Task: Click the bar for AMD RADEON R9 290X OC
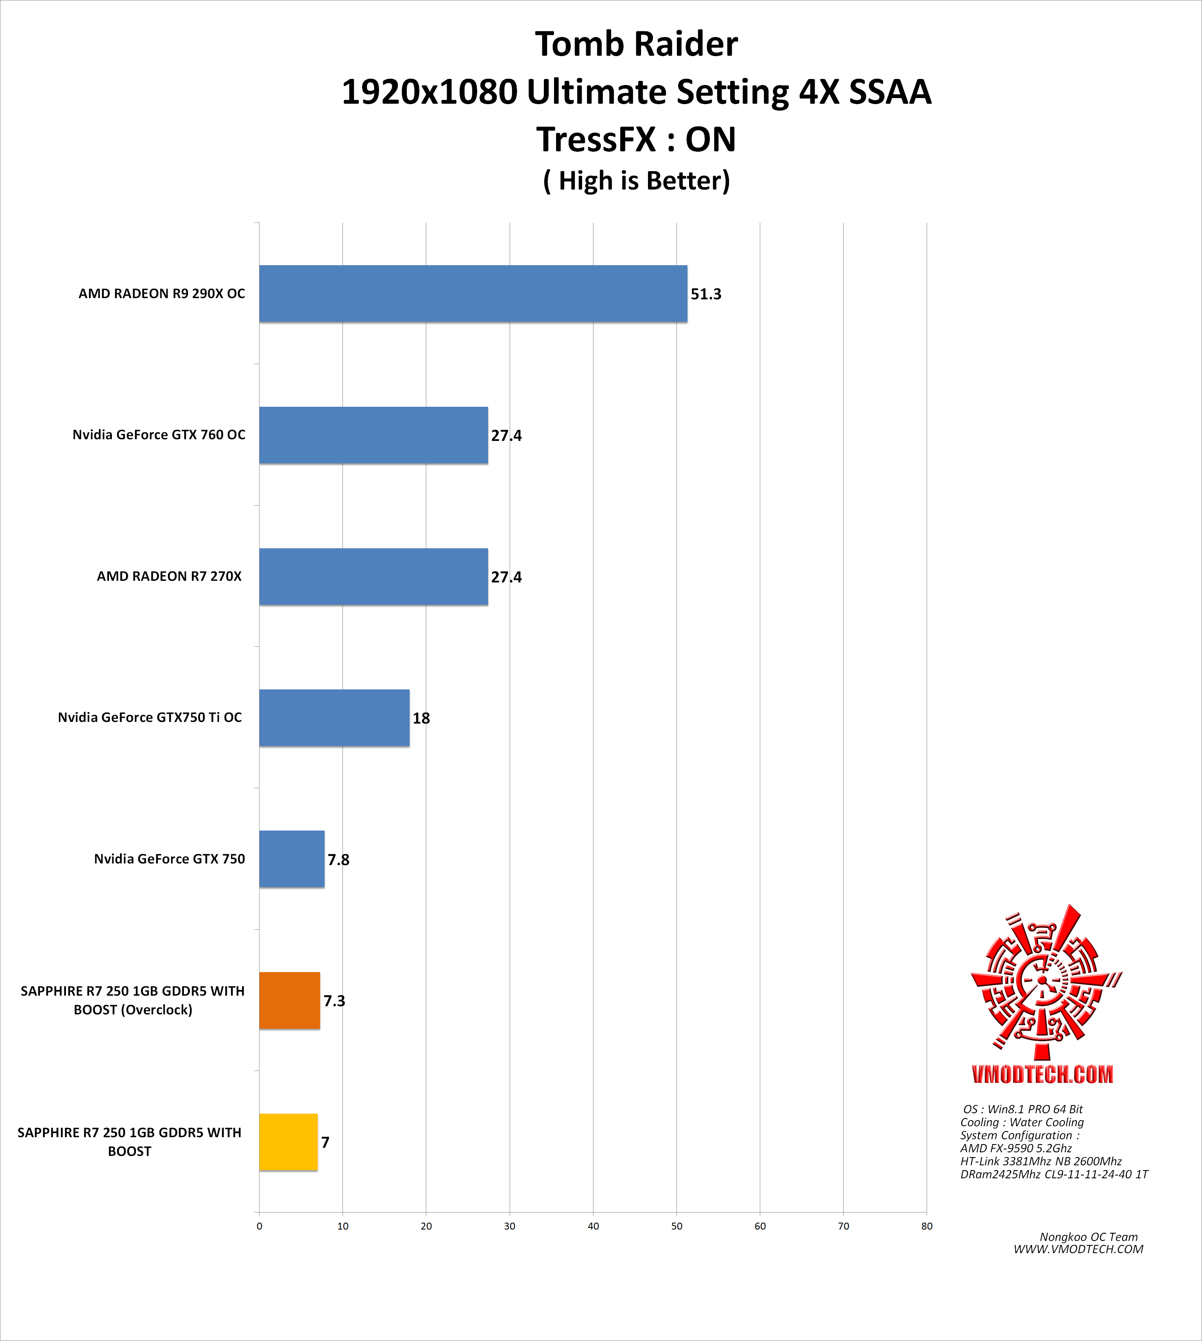[x=473, y=294]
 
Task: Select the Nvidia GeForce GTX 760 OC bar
[x=373, y=435]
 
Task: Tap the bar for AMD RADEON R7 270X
[x=373, y=576]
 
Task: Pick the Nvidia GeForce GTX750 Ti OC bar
[x=334, y=718]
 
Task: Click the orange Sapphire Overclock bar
[x=289, y=1000]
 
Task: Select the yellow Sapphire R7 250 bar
[x=288, y=1142]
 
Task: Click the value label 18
[x=421, y=718]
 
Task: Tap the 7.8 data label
[x=338, y=860]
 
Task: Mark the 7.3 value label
[x=334, y=1001]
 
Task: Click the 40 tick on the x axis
[x=593, y=1226]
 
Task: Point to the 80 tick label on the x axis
[x=927, y=1226]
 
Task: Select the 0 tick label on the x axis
[x=260, y=1226]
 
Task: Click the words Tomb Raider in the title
[x=636, y=45]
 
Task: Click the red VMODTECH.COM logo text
[x=1042, y=1074]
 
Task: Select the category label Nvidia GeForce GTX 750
[x=169, y=859]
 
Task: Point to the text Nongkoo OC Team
[x=1089, y=1237]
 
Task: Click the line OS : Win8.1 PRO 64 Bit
[x=1022, y=1109]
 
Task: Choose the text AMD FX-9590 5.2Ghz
[x=1016, y=1148]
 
